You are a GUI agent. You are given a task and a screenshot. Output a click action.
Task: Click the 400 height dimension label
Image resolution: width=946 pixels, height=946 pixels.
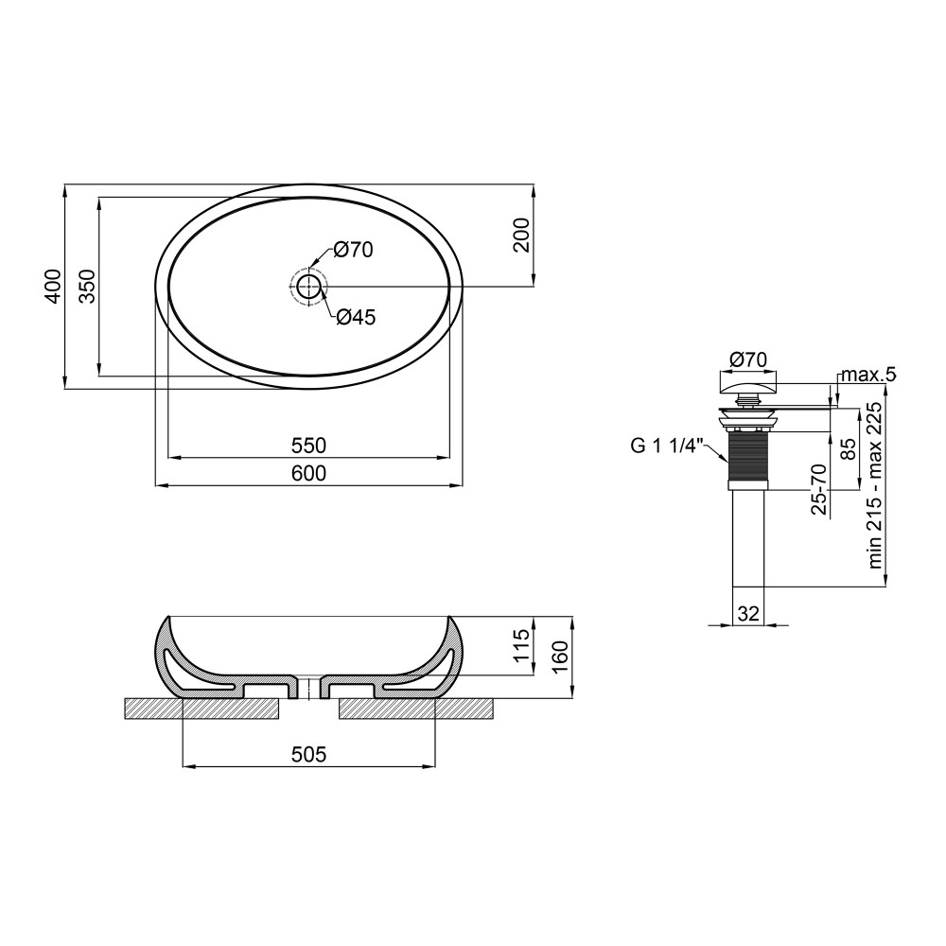click(x=53, y=286)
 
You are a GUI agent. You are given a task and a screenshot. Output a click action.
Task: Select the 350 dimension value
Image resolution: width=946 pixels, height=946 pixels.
click(x=87, y=286)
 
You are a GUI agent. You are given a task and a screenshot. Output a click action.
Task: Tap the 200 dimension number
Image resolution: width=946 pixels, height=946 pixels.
click(x=520, y=235)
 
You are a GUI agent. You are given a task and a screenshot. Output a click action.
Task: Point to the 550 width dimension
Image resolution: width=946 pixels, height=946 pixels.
click(x=308, y=446)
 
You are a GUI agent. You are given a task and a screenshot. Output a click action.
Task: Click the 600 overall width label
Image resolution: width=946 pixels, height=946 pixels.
click(x=308, y=473)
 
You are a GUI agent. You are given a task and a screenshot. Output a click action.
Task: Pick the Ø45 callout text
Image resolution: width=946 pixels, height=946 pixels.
click(x=356, y=316)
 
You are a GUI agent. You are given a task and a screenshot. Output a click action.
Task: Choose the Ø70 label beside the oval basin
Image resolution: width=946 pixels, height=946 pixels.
click(x=353, y=249)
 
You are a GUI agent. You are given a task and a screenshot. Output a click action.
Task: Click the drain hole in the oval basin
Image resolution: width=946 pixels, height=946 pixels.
click(x=309, y=287)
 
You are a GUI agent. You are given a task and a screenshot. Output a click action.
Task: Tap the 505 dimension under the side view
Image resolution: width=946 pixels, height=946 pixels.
click(x=308, y=754)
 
